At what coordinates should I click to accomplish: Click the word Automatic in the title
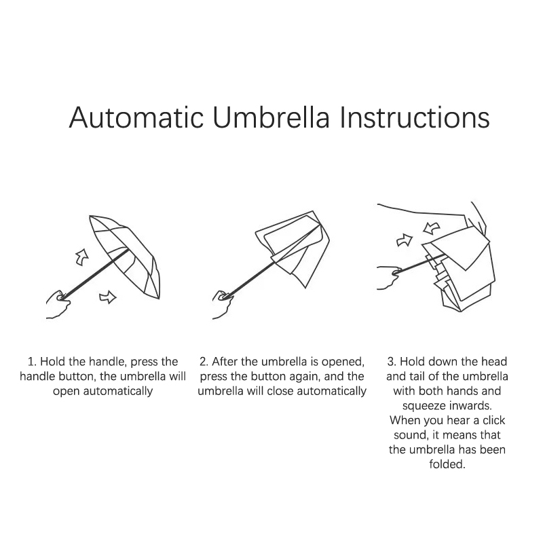point(136,117)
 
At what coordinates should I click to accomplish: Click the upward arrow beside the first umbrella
point(82,257)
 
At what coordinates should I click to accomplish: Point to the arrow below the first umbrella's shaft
point(108,297)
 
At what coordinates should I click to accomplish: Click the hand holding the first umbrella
point(58,304)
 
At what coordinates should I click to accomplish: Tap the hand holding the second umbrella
point(223,304)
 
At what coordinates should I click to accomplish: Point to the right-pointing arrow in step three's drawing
point(405,240)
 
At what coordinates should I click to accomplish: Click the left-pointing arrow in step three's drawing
point(432,228)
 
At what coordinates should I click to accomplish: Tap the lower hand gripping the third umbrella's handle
point(389,277)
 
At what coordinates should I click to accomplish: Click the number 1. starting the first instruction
point(32,362)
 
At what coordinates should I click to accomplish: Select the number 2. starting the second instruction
point(204,362)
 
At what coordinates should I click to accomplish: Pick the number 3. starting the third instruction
point(392,362)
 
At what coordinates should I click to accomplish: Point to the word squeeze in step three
point(423,406)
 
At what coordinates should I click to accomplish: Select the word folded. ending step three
point(447,464)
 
